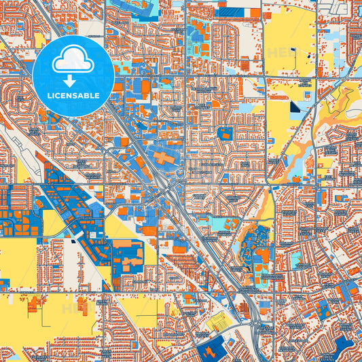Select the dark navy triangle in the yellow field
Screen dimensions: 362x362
295,107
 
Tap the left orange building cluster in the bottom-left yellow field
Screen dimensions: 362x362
33,306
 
